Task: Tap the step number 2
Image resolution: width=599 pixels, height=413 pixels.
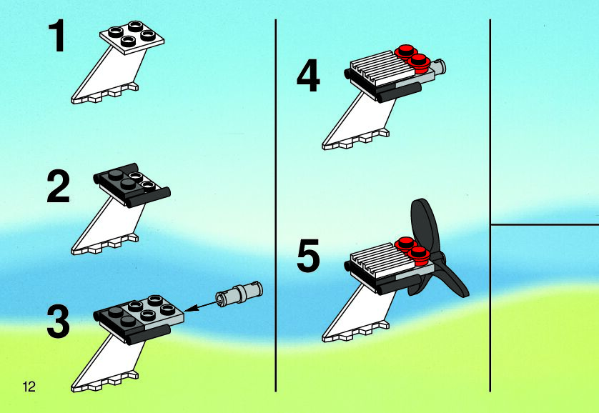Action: [59, 186]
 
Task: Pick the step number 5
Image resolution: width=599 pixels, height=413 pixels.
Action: [308, 256]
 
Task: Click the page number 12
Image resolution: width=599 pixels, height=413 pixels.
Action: [29, 387]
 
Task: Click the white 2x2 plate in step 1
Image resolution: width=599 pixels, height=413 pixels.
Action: [132, 37]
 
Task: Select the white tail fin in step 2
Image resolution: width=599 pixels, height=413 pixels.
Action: [107, 226]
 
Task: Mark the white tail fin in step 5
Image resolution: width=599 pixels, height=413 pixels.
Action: [358, 313]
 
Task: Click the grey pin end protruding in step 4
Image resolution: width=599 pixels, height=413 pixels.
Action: [440, 66]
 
